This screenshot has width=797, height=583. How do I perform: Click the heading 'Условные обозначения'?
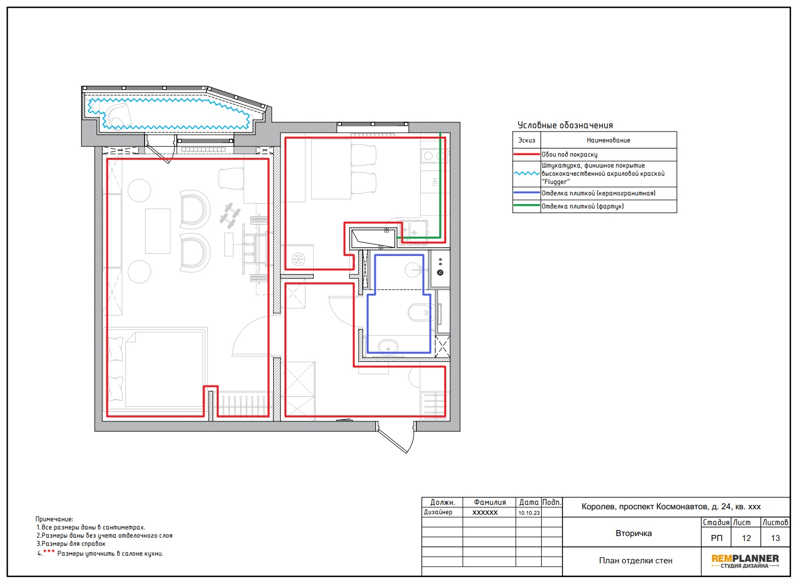(x=565, y=125)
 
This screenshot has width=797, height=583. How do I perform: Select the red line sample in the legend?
(x=526, y=154)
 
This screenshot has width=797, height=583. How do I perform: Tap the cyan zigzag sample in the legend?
(x=526, y=174)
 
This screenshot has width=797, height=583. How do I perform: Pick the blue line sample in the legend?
(x=526, y=193)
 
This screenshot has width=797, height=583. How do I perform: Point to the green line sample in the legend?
(x=526, y=205)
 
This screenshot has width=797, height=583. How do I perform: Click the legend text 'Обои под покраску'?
(x=570, y=154)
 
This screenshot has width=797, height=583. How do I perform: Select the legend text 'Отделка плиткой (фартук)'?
(x=583, y=206)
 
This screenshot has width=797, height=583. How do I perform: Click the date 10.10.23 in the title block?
(x=529, y=513)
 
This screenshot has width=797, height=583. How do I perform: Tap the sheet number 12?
(x=746, y=538)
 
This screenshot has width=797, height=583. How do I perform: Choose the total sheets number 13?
(x=775, y=538)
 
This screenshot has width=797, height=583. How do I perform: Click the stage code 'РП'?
(x=717, y=538)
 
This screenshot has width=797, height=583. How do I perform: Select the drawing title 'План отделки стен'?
(x=636, y=561)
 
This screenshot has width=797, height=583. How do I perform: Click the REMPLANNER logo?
(x=745, y=561)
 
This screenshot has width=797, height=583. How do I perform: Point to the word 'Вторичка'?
(x=634, y=533)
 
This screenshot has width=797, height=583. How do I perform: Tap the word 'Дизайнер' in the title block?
(x=438, y=512)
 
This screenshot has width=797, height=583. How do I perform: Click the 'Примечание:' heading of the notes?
(x=54, y=519)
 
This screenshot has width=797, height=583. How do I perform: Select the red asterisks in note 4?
(x=49, y=551)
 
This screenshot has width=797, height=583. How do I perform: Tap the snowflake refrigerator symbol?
(x=298, y=259)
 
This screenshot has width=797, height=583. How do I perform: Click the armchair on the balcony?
(x=118, y=115)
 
